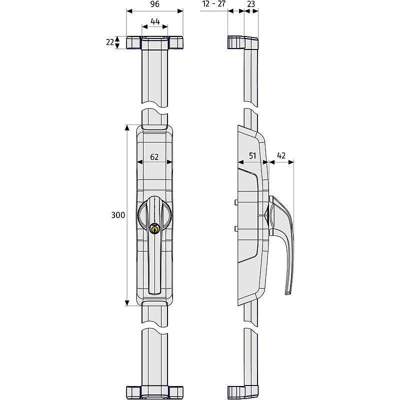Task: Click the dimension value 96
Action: coord(154,4)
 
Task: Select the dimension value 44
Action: coord(154,21)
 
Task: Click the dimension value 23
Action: coord(251,4)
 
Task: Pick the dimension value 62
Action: coord(154,156)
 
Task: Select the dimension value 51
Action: coord(252,156)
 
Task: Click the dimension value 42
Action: coord(281,156)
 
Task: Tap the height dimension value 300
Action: coord(118,215)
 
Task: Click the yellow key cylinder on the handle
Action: coord(154,229)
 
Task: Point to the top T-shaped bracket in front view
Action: coord(154,42)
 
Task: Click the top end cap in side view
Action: coord(243,42)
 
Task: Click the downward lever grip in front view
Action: coord(154,270)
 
